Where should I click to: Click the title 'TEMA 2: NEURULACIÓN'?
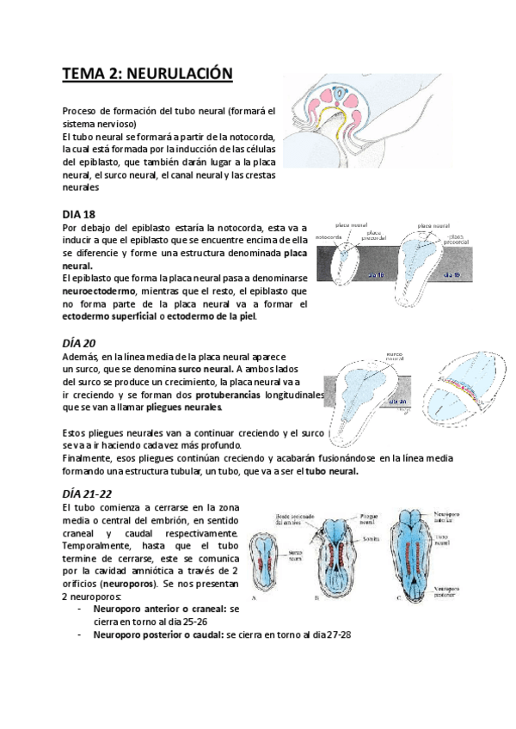coord(147,75)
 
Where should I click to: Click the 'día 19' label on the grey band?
coord(455,274)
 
